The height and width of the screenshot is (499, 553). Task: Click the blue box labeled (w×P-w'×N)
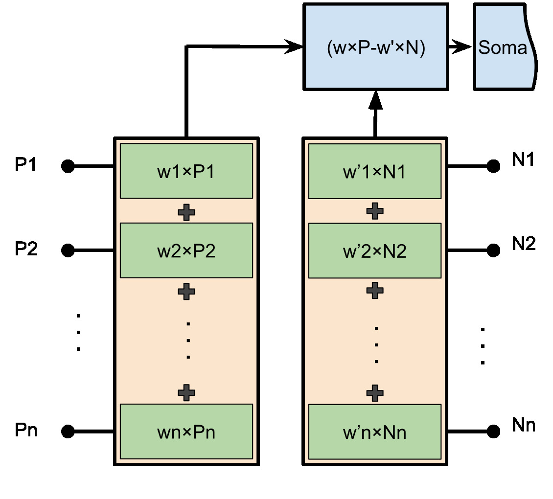375,47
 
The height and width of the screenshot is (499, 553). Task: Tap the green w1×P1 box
186,171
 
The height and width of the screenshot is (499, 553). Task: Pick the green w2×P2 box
186,250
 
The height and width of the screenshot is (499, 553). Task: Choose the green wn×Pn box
186,431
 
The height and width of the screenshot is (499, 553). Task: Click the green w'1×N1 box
375,171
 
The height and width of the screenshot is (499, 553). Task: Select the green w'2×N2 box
375,250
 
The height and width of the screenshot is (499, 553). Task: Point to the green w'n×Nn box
375,431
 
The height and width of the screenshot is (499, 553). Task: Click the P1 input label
25,165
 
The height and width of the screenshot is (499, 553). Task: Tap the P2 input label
26,249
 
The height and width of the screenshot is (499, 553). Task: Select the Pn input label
26,431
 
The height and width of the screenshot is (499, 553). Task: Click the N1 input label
524,160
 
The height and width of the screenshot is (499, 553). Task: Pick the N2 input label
524,243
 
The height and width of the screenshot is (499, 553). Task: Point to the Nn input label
524,425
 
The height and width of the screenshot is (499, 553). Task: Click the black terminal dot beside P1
68,166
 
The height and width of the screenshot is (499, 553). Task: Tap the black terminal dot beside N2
493,250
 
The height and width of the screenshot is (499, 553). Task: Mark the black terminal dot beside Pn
68,431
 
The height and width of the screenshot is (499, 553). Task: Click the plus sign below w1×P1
186,212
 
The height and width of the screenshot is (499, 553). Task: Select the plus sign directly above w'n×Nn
375,392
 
